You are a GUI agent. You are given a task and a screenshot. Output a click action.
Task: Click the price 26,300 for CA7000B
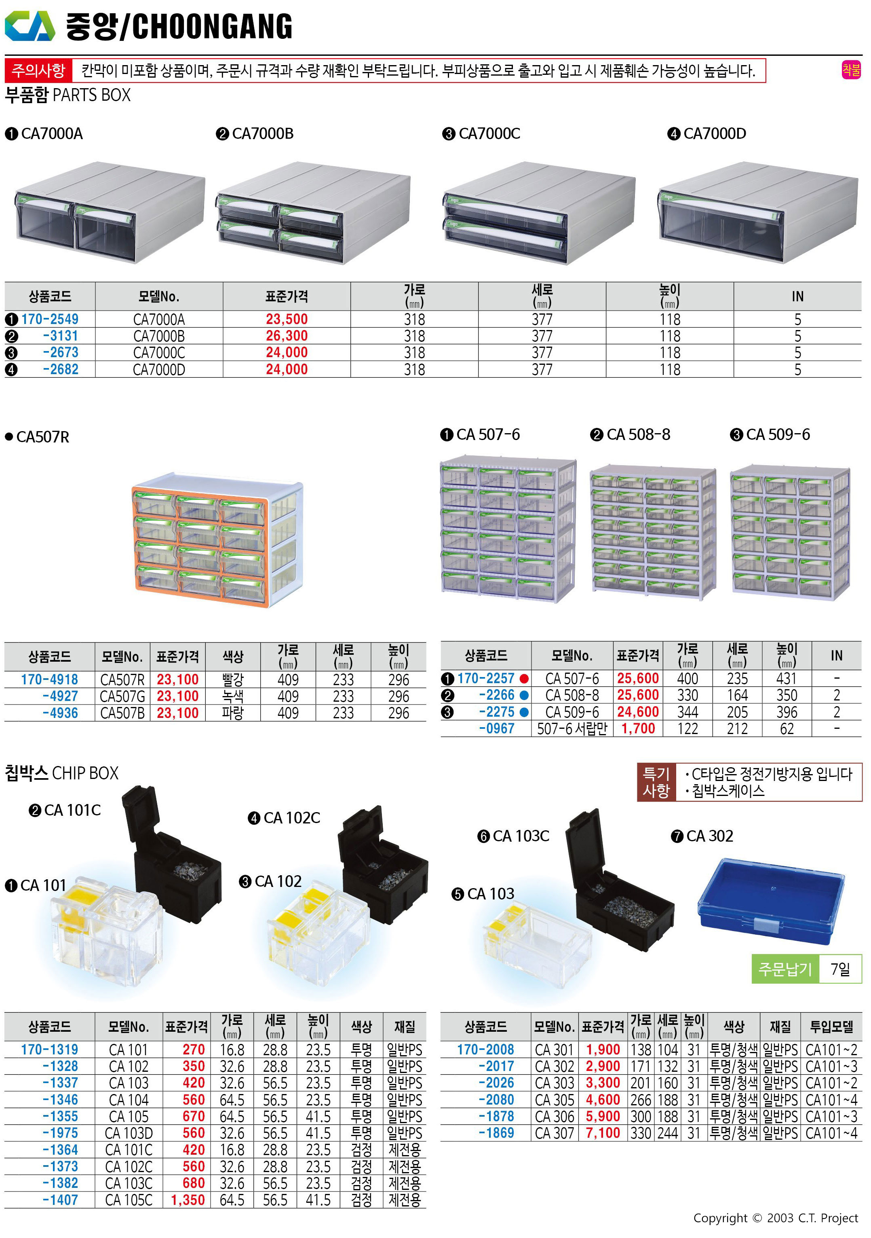287,336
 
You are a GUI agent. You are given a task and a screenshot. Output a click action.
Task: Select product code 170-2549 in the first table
50,319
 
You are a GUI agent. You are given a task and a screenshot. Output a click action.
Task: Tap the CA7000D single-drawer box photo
758,212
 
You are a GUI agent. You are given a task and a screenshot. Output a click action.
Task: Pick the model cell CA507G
122,696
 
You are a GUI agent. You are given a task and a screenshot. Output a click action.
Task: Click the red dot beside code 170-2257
524,678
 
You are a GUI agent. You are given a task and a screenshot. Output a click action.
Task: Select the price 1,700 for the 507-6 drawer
638,728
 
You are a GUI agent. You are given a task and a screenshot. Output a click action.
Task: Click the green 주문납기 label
785,969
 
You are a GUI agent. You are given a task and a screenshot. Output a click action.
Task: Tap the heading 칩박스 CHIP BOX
61,773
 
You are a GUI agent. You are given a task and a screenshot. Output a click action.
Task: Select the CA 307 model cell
555,1133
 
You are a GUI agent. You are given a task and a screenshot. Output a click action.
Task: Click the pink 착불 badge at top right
851,70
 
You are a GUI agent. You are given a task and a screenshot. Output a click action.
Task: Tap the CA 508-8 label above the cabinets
638,435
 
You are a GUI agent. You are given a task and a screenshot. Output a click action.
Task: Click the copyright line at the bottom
775,1218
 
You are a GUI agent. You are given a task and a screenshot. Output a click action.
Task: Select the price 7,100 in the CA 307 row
603,1133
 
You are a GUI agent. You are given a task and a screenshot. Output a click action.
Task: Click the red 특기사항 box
656,782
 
